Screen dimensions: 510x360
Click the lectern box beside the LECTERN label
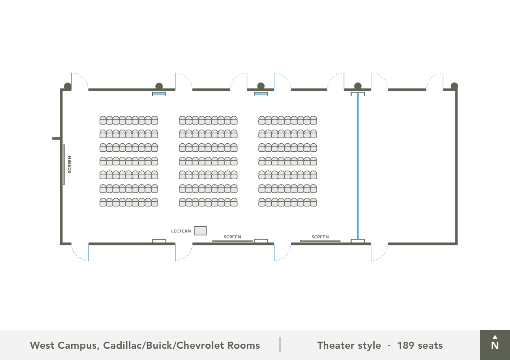coord(200,231)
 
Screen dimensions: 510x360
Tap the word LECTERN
coord(181,231)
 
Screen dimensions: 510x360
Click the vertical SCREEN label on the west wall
coord(70,165)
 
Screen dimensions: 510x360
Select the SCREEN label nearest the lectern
coord(232,237)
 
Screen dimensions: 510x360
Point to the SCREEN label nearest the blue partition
coord(320,237)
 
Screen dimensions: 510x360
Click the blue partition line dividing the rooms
coord(357,165)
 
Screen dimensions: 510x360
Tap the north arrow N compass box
coord(495,345)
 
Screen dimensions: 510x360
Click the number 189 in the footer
coord(406,345)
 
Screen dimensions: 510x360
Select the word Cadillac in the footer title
coord(122,345)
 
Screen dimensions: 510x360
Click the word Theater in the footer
coord(336,345)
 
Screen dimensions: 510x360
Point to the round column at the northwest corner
coord(67,86)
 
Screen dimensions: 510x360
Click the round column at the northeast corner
coord(454,86)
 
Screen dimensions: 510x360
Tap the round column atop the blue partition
coord(358,86)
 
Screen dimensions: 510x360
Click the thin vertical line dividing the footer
coord(280,345)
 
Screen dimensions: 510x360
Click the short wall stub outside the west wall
coord(56,138)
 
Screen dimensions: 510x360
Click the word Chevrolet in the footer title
coord(200,345)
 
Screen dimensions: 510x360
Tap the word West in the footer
coord(42,345)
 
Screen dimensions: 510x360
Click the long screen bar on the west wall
coord(64,165)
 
